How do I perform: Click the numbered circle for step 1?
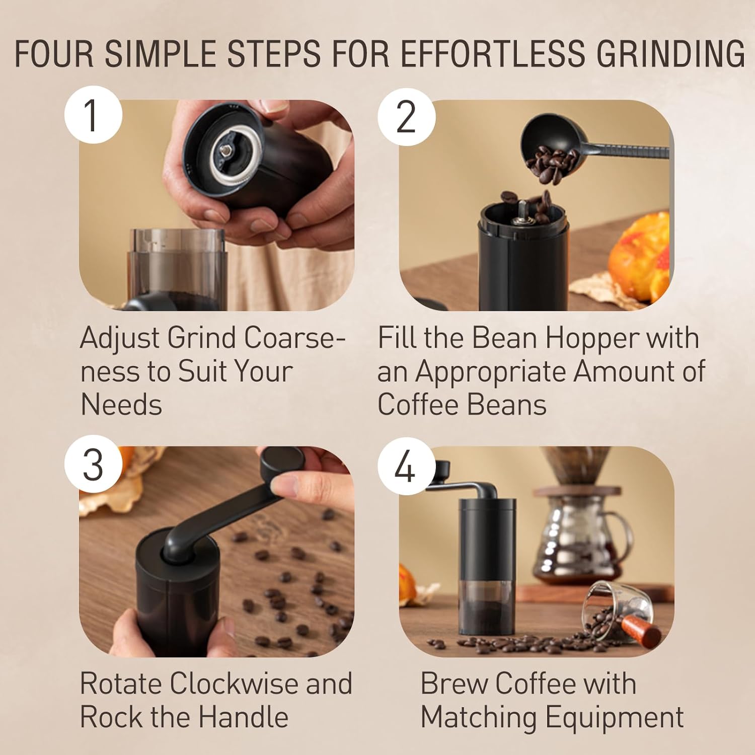tap(93, 115)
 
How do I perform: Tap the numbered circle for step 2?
tap(407, 117)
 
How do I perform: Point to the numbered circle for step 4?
tap(407, 466)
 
